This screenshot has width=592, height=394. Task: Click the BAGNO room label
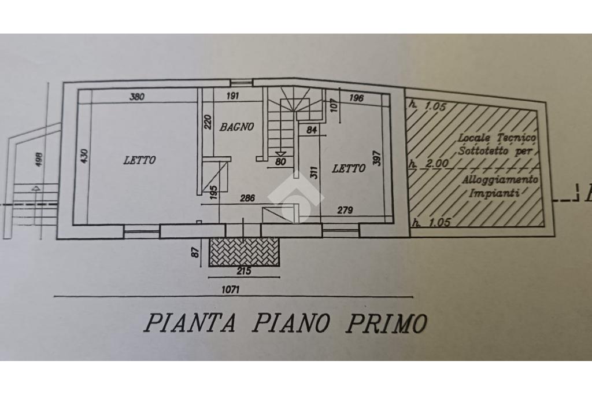tap(236, 127)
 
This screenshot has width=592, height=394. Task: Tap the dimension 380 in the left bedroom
tap(136, 97)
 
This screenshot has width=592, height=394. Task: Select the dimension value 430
tap(84, 156)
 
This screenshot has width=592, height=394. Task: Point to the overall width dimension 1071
tap(230, 290)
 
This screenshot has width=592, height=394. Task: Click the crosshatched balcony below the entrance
tap(245, 252)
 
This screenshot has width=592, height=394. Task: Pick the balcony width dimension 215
tap(243, 271)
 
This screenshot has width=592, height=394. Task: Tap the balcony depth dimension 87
tap(195, 252)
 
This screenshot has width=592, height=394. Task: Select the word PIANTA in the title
tap(190, 323)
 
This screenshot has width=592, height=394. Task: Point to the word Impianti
tap(494, 193)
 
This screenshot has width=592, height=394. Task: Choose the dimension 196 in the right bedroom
tap(356, 98)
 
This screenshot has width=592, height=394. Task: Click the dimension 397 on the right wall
tap(377, 158)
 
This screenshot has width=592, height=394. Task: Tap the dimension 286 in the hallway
tap(247, 198)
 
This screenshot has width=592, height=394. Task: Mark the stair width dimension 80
tap(280, 161)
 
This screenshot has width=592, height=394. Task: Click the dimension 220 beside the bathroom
tap(208, 121)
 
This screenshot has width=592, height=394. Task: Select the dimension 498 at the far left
tap(39, 159)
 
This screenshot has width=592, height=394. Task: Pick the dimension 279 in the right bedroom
tap(345, 210)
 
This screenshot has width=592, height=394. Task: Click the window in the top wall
tap(241, 82)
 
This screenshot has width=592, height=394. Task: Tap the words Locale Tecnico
tap(497, 138)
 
